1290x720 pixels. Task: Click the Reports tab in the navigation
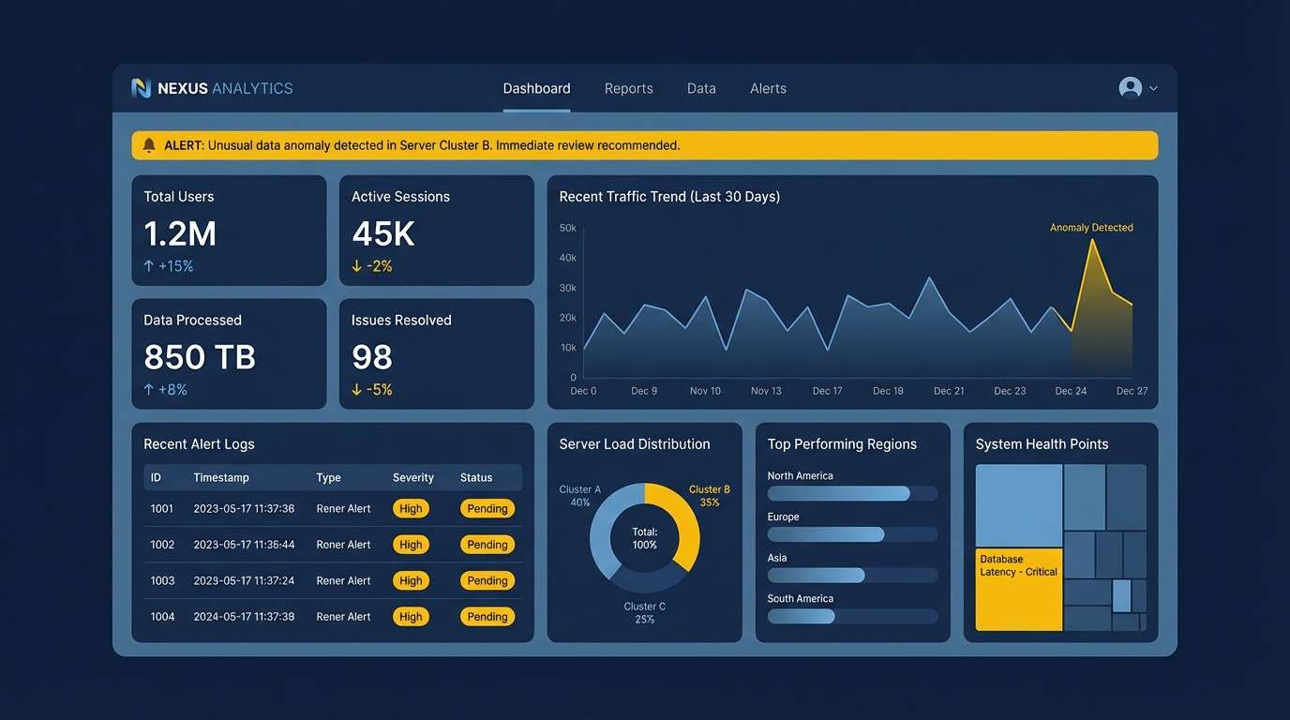coord(628,88)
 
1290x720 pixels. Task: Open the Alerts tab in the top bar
coord(768,88)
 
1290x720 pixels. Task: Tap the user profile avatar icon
coord(1130,87)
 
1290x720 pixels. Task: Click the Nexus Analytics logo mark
coord(142,88)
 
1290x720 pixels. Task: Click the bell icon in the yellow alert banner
coord(149,145)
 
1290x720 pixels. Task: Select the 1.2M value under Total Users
coord(180,233)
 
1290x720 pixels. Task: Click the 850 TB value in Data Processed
coord(200,357)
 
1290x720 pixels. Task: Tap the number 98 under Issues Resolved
coord(372,357)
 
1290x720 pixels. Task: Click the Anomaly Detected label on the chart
coord(1090,228)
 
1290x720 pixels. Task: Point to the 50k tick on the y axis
coord(567,228)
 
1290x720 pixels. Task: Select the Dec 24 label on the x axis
coord(1071,391)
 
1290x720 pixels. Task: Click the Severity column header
coord(412,478)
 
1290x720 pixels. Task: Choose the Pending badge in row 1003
coord(487,580)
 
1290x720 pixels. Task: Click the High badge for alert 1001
coord(411,509)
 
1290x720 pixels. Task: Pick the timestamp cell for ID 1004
coord(244,617)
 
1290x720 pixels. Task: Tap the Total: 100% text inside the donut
coord(645,538)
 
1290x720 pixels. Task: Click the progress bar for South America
coord(852,616)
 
